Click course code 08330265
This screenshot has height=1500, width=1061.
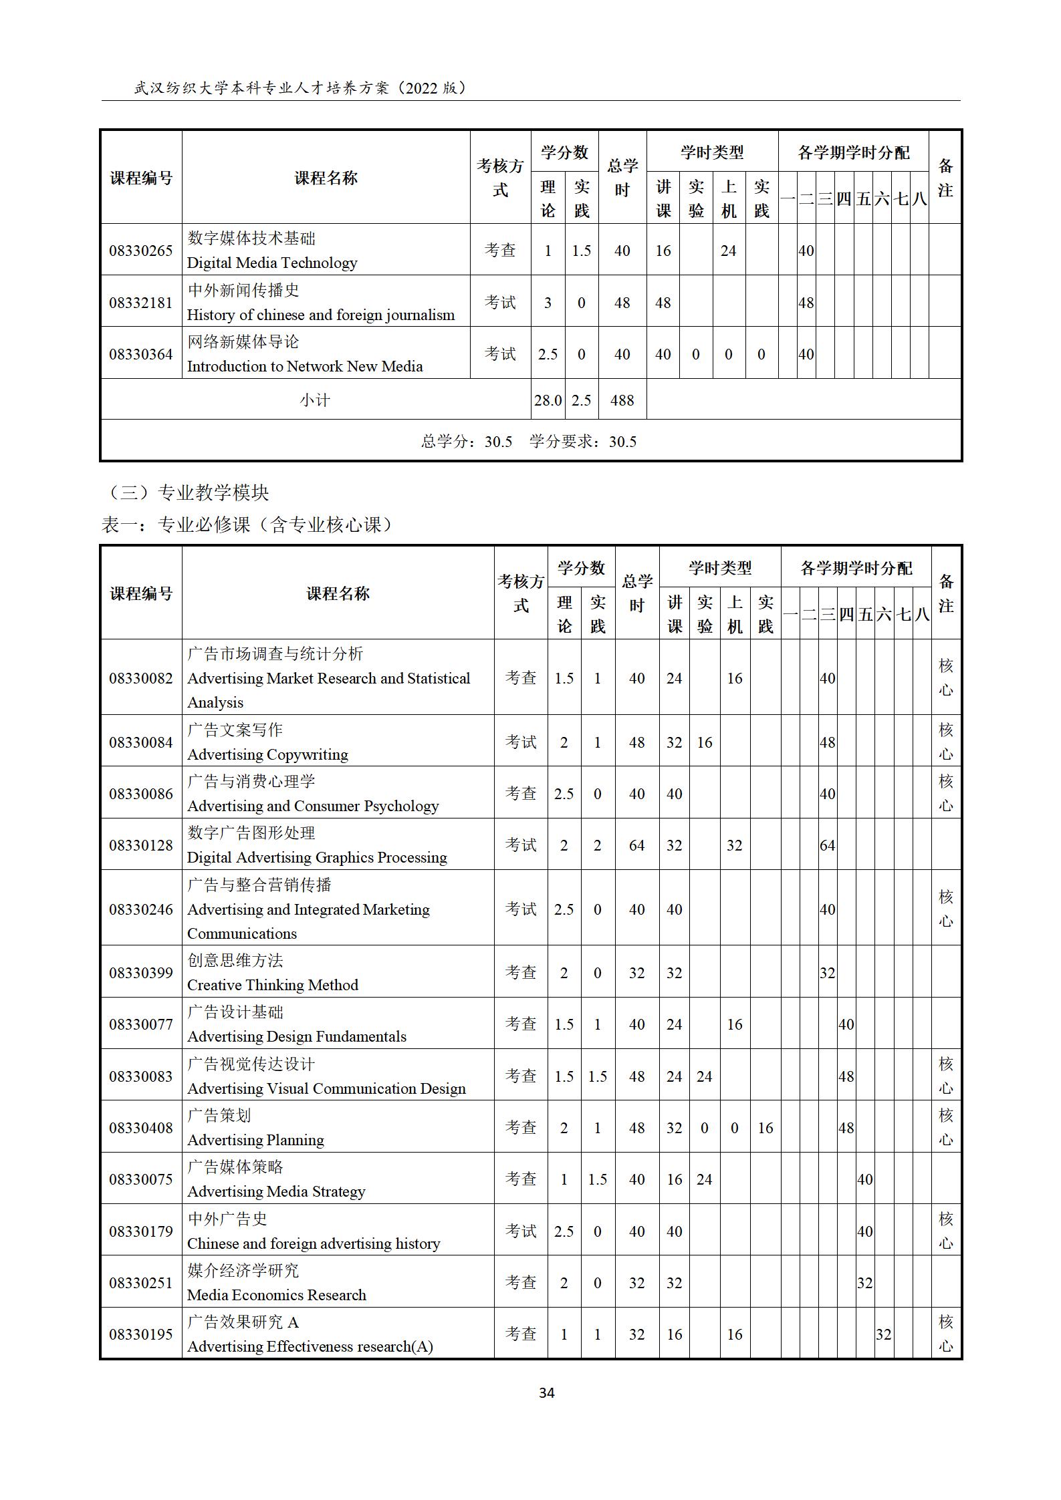140,251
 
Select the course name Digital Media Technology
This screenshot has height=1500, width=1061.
271,263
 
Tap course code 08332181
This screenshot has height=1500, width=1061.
140,303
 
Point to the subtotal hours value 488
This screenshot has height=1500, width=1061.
622,400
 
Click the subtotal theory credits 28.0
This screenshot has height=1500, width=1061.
548,400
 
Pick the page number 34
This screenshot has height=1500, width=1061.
546,1393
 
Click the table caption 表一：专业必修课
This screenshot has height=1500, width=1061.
246,524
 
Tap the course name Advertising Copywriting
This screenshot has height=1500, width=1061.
267,754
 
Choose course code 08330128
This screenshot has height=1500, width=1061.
140,845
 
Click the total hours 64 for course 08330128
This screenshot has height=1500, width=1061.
636,845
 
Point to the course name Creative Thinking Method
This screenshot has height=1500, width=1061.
272,985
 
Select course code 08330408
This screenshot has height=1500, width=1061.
140,1128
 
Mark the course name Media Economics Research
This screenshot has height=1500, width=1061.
276,1295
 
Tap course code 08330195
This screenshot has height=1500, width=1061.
140,1334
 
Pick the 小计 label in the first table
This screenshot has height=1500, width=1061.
315,400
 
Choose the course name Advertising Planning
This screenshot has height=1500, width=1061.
255,1140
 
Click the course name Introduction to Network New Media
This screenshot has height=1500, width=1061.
304,366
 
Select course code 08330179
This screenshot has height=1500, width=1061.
140,1231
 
